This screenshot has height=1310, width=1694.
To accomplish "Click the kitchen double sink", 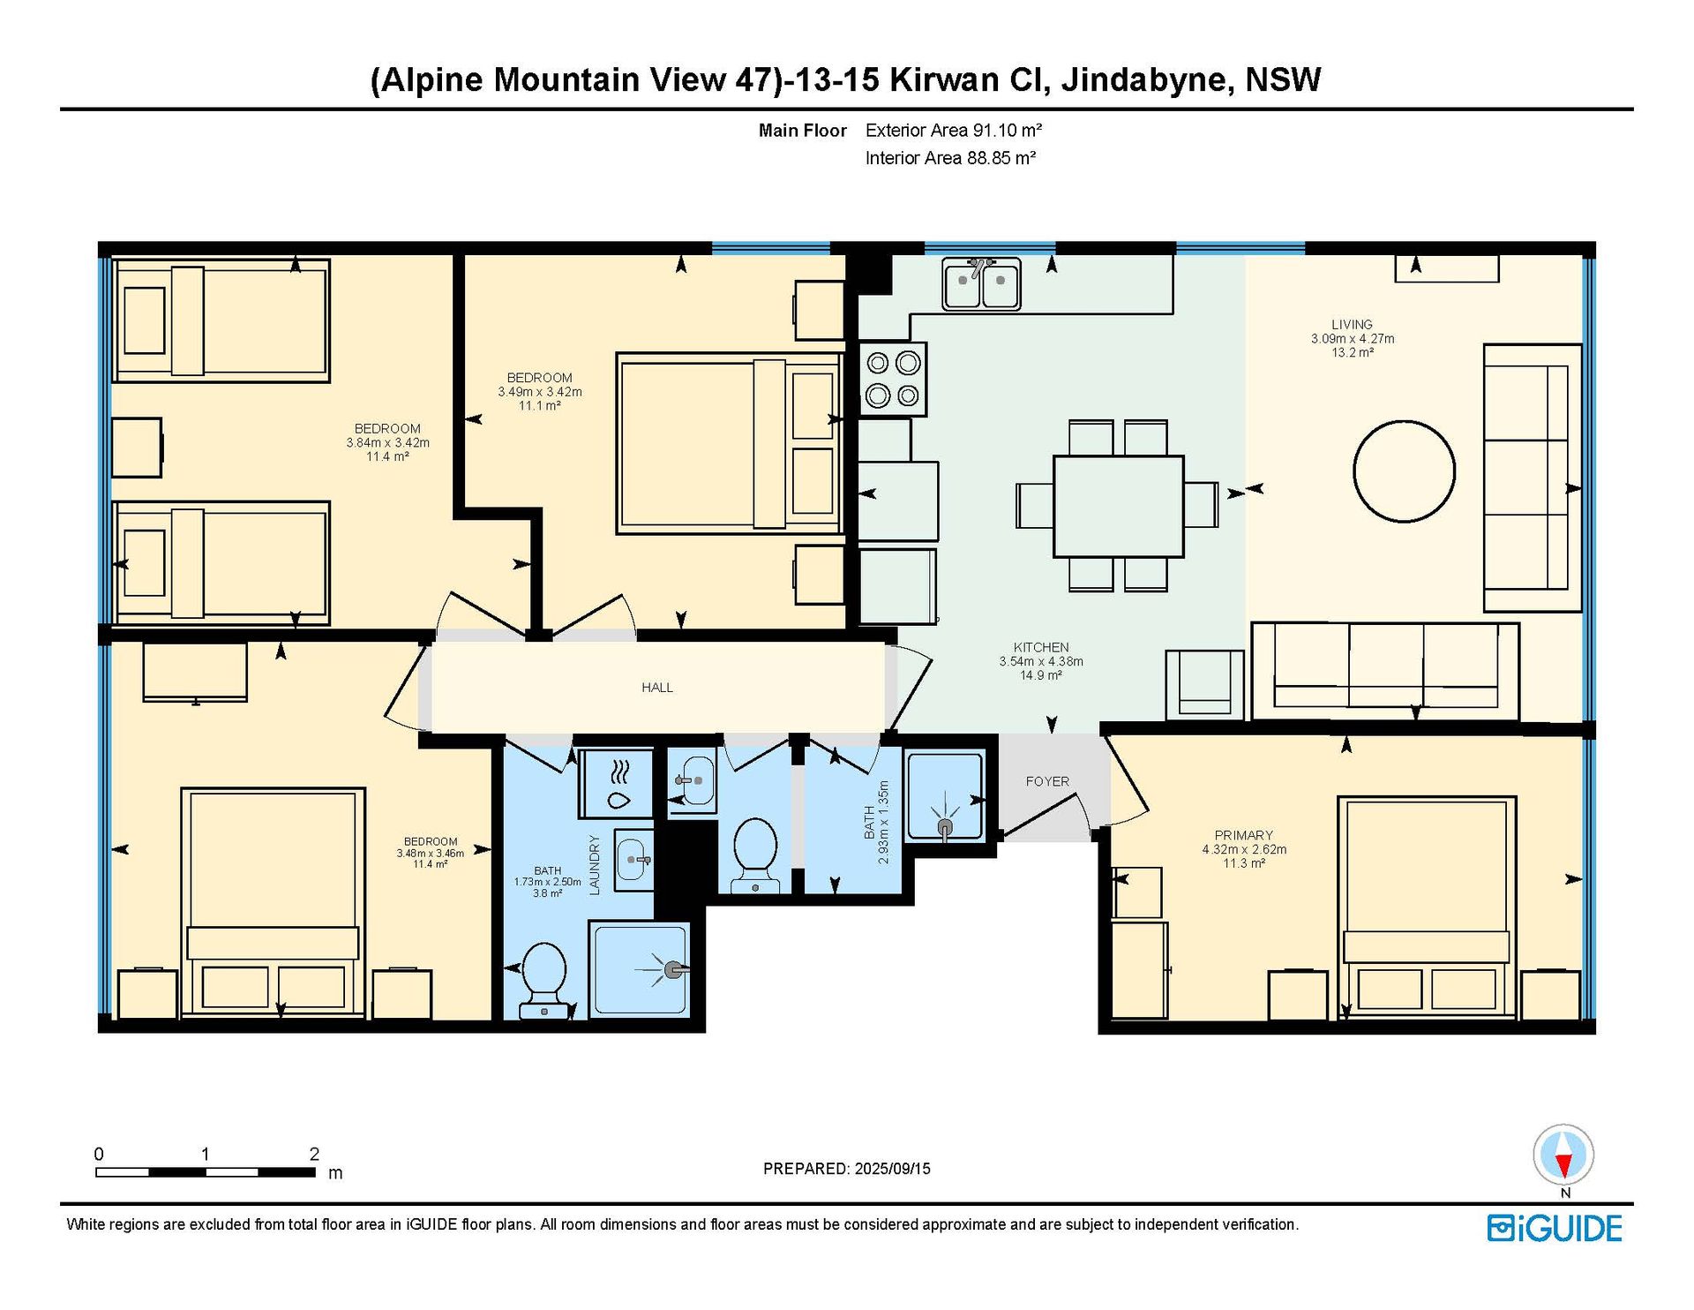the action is [981, 284].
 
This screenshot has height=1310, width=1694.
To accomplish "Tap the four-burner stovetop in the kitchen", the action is [893, 379].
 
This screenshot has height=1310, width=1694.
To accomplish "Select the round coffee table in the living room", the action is [1404, 471].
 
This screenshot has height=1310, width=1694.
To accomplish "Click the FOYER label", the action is [1047, 781].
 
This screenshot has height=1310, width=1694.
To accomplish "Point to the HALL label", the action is [657, 688].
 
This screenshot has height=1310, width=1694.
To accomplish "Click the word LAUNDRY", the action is [595, 865].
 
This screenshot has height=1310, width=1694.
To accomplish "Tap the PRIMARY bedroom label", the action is [1244, 835].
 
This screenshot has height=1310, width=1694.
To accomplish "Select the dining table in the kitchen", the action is [1118, 507].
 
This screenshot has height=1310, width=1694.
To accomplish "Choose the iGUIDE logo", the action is [1555, 1229].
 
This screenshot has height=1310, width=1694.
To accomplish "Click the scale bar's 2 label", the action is [314, 1154].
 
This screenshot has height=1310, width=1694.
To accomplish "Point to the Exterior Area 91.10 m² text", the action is [954, 131].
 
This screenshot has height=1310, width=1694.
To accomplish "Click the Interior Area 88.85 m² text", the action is [950, 158].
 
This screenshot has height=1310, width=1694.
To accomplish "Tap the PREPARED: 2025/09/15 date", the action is [847, 1169].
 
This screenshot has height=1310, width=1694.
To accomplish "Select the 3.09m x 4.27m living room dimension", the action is [1353, 339].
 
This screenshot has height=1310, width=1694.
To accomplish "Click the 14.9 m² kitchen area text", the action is [1041, 675].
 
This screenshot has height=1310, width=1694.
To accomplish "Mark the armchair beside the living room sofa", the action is [1205, 685].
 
